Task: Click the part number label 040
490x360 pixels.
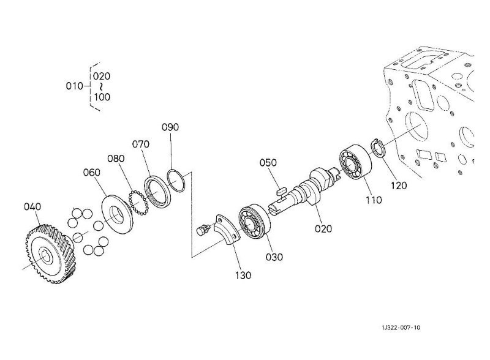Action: pos(32,206)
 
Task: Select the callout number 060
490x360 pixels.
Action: pos(91,172)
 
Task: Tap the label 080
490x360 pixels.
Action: pos(116,159)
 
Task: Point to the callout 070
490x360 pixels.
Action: pos(141,144)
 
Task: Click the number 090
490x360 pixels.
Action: pos(170,127)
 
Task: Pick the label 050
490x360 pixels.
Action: pos(268,162)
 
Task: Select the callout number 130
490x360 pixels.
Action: pos(243,276)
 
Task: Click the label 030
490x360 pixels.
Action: pos(274,257)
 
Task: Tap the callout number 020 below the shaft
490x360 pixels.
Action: pos(323,229)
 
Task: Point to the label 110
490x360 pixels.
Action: pos(374,200)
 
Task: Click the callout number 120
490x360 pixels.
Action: pos(399,186)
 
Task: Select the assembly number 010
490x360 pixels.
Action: pos(74,86)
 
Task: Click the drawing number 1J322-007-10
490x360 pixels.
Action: pos(401,328)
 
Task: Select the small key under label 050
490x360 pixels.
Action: pos(282,190)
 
